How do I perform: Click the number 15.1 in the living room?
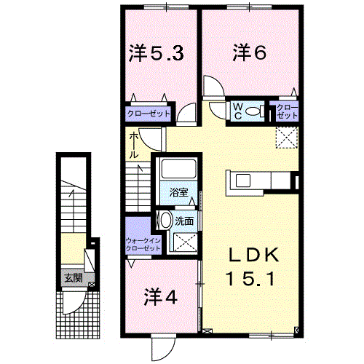250,278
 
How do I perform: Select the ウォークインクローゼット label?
142,245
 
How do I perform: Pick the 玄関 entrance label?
72,277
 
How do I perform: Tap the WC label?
237,111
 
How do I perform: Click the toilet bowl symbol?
255,111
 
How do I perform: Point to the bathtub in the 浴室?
178,170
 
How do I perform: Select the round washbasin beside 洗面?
166,221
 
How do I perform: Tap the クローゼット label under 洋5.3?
149,114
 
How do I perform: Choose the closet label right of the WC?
288,112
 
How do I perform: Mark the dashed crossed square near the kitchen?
286,135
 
